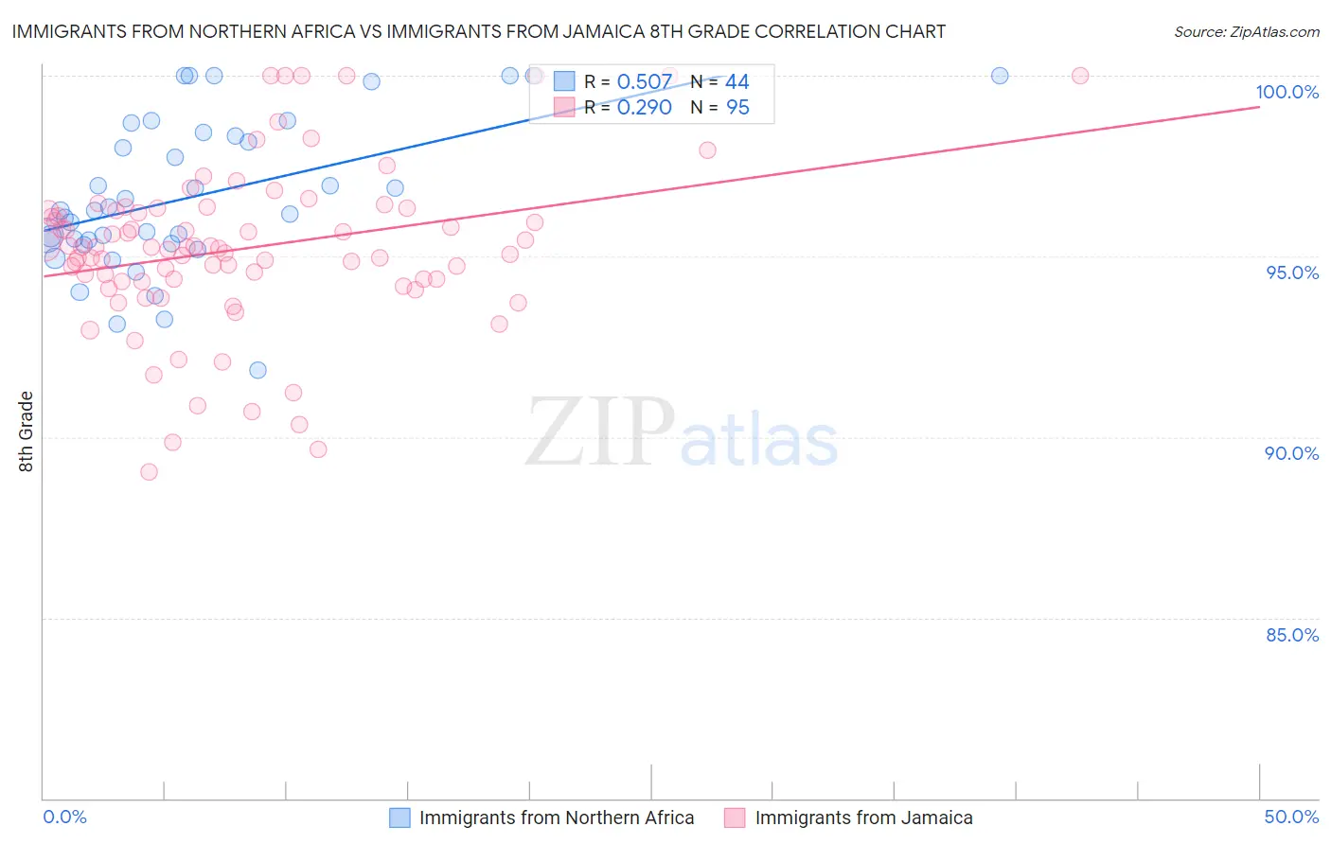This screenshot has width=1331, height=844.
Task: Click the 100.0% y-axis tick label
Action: click(1287, 92)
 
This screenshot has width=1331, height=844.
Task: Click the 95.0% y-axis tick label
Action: click(1292, 273)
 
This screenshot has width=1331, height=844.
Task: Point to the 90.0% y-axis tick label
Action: click(1291, 453)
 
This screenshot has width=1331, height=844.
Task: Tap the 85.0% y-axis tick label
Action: click(1292, 635)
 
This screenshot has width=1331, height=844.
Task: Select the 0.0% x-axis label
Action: click(64, 817)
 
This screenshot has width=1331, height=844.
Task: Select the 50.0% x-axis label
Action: click(1291, 817)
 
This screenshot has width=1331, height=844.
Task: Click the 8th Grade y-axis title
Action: click(27, 431)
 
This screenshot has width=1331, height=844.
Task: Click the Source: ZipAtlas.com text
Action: click(1246, 32)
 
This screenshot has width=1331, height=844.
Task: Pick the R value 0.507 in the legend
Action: click(644, 82)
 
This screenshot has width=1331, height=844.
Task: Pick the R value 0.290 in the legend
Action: click(644, 108)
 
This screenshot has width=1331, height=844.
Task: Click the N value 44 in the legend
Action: click(736, 82)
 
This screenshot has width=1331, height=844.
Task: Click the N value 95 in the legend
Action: click(736, 108)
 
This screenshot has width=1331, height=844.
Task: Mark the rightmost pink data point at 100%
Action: click(1080, 76)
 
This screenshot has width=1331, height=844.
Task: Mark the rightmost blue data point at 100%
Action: click(1000, 76)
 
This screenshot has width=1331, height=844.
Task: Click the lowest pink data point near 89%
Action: click(149, 472)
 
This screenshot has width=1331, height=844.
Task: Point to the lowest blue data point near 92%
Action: click(257, 370)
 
